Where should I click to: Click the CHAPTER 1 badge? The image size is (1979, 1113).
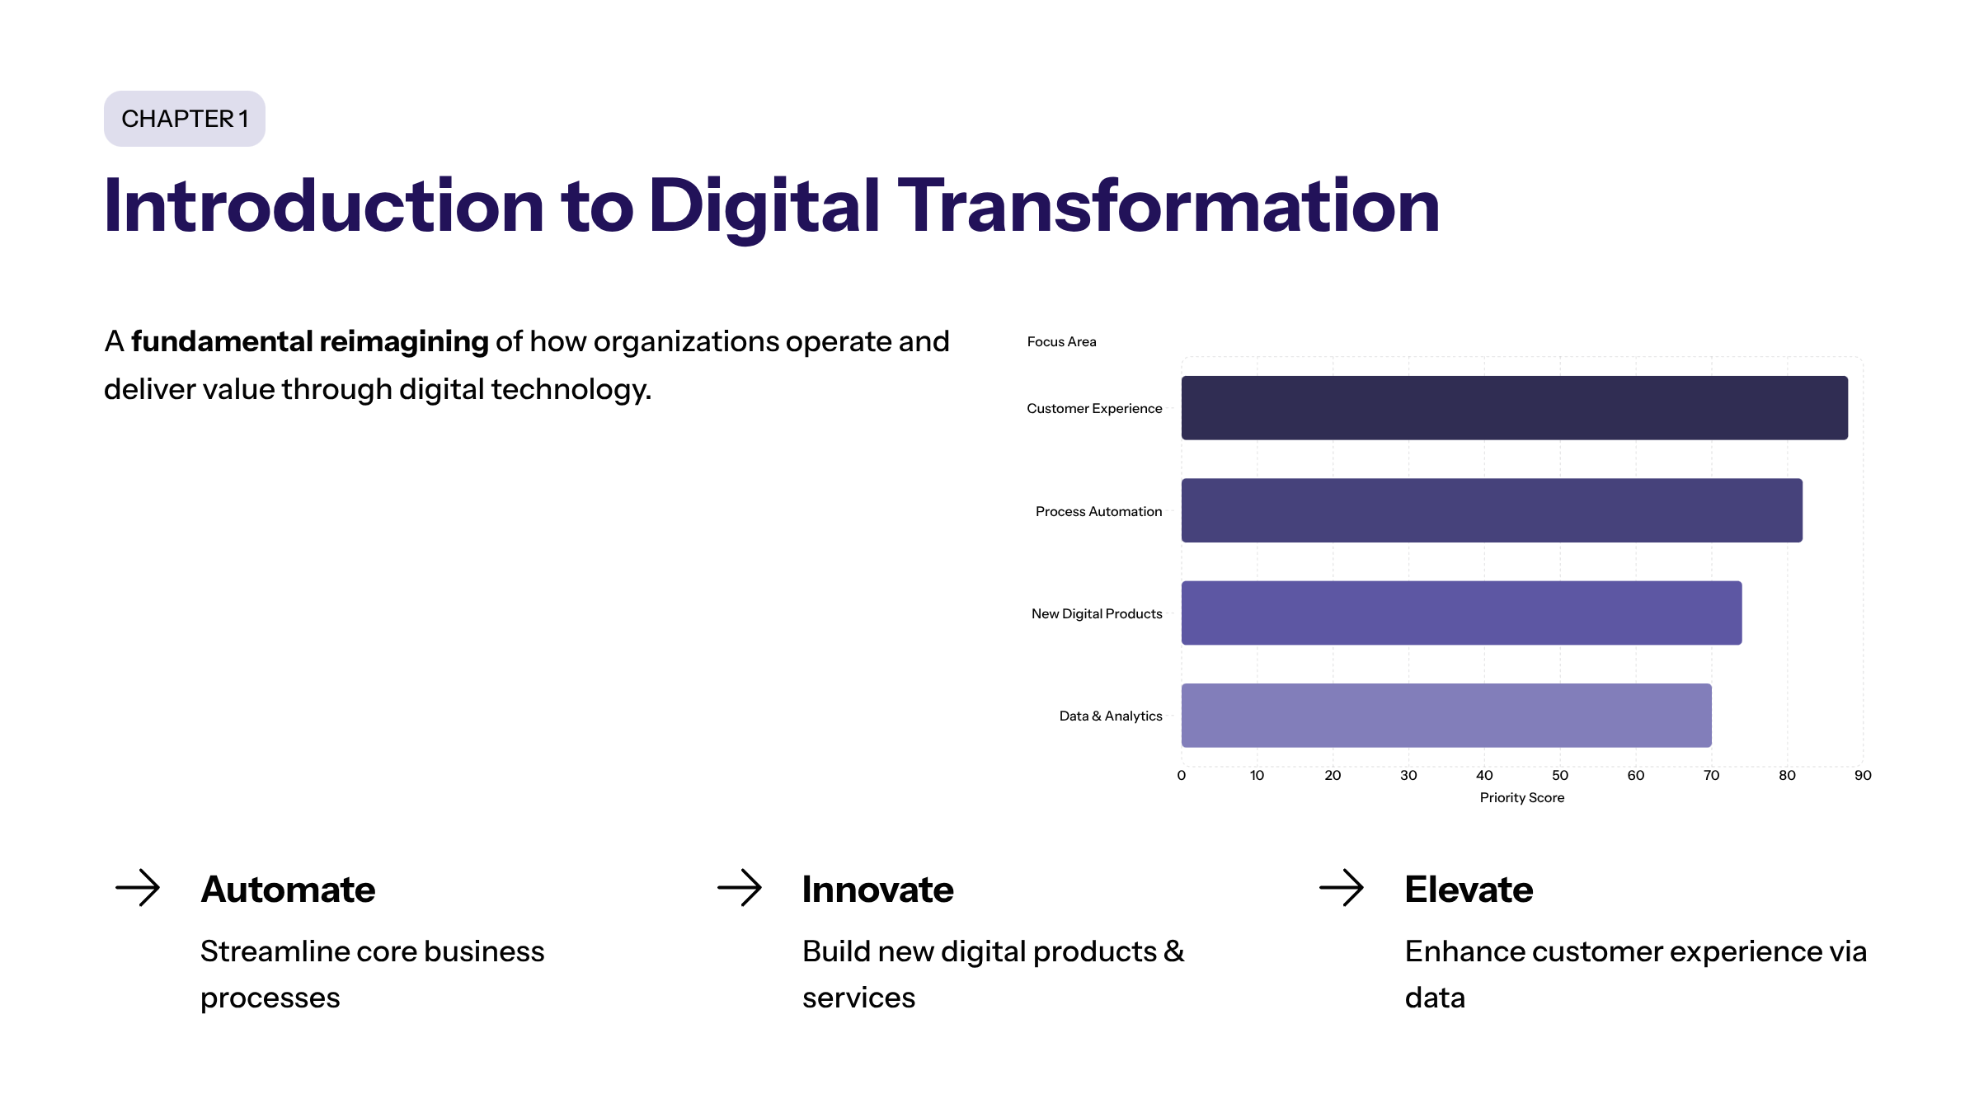point(185,119)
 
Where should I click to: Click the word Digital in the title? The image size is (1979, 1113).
point(764,206)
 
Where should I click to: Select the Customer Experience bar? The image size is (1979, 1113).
point(1514,408)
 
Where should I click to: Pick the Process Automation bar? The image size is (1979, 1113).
point(1491,510)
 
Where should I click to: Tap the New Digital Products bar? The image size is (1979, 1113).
point(1461,613)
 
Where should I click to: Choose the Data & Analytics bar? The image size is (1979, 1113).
point(1445,716)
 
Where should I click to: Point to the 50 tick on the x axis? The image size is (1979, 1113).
point(1559,775)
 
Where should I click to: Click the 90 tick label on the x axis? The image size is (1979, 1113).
point(1862,775)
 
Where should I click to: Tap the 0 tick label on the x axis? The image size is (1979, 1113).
point(1182,775)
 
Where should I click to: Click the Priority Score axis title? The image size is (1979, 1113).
point(1521,797)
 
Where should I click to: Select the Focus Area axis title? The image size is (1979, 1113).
point(1061,341)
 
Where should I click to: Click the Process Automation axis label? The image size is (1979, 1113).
point(1098,511)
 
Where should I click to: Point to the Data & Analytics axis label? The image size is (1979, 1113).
point(1110,716)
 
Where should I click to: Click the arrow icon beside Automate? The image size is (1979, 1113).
point(138,888)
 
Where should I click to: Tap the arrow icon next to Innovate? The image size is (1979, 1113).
point(740,888)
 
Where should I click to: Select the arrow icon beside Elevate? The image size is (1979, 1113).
point(1342,888)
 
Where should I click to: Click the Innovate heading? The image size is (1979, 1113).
point(877,890)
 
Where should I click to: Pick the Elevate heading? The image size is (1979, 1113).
point(1469,890)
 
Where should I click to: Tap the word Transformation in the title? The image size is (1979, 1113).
point(1168,206)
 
